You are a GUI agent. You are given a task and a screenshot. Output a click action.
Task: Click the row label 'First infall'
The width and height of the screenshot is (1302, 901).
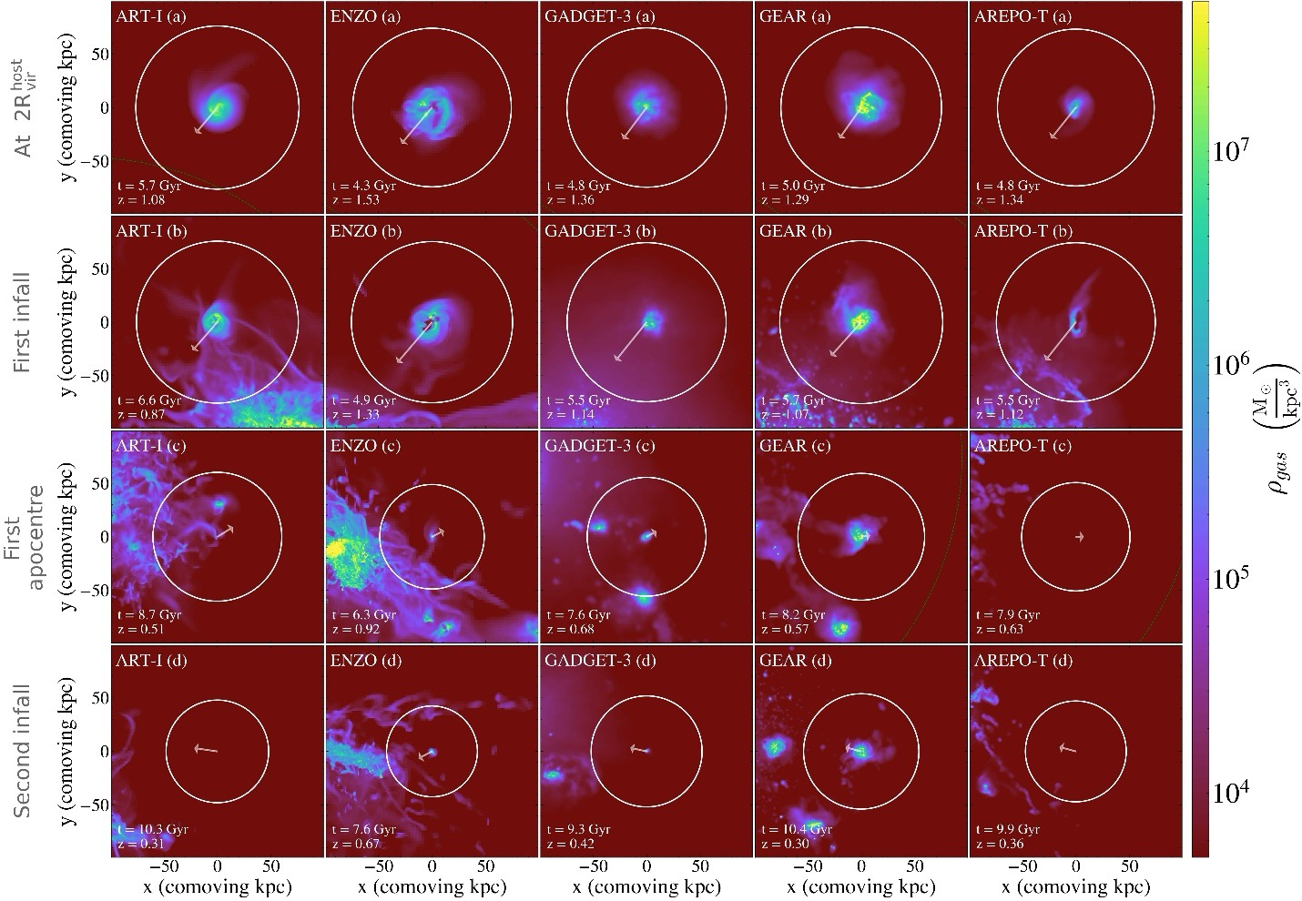[x=24, y=322]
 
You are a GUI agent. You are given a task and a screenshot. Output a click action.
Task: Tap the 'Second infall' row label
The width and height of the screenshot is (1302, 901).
[x=24, y=751]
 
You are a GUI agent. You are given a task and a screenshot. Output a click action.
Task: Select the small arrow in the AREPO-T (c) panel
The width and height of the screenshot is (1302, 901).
[x=1079, y=537]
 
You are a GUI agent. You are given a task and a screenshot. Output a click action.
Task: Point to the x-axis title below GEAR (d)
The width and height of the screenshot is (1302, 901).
[x=860, y=886]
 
